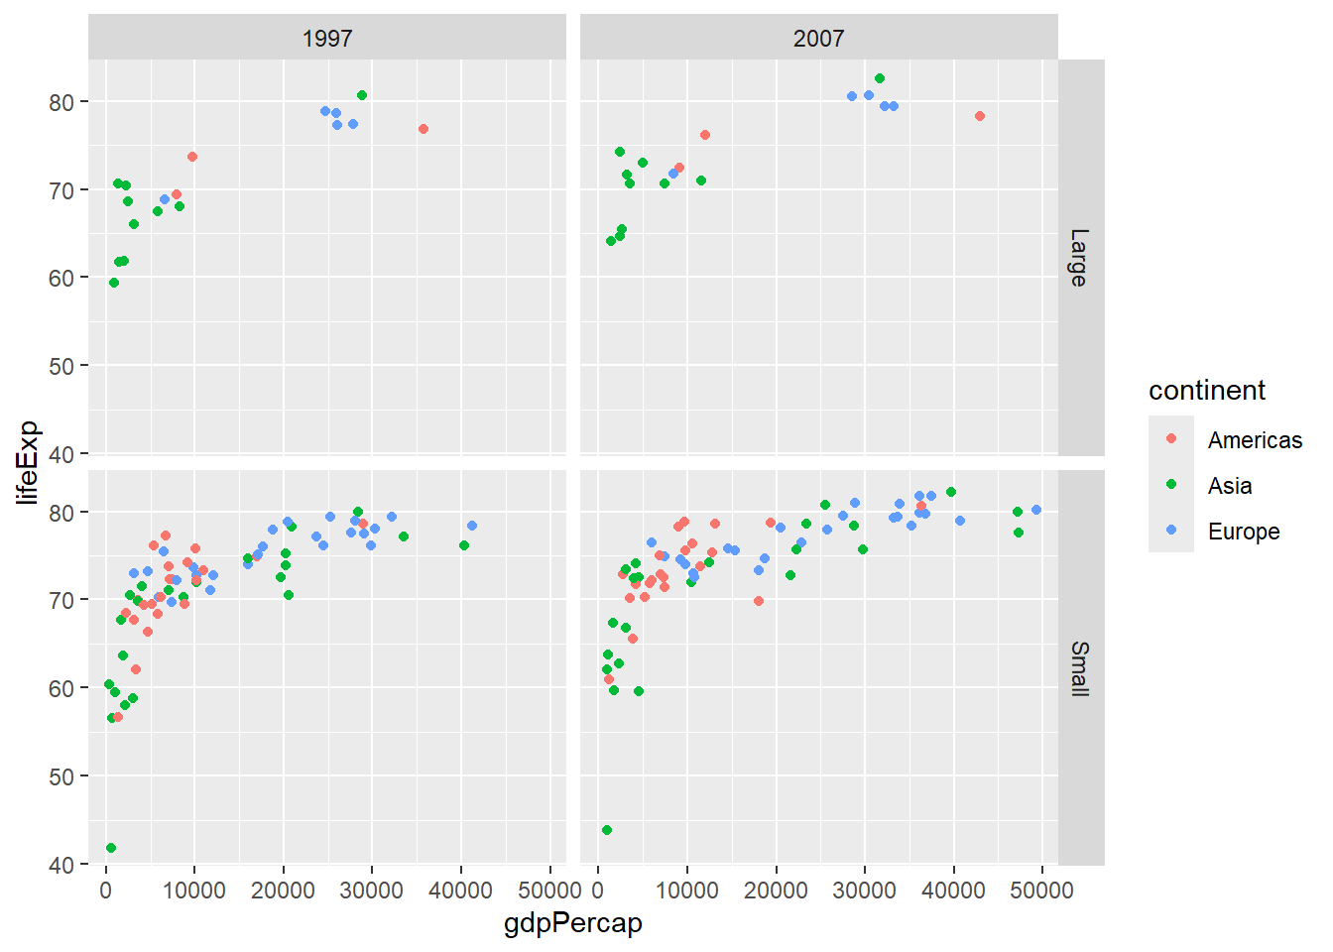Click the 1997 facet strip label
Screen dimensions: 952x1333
327,39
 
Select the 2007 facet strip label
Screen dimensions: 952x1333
818,39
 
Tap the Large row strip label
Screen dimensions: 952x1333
1080,258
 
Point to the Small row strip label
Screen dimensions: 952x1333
1080,669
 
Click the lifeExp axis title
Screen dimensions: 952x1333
28,462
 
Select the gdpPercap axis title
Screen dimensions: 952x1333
573,923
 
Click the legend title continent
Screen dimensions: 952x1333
1206,391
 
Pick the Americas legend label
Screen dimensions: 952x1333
1255,440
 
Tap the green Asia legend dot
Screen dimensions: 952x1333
1171,485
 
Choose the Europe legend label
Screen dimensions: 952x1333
1244,532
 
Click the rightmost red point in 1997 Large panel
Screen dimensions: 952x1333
424,129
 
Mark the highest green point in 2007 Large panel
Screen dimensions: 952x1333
880,78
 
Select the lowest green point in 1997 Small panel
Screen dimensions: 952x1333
111,848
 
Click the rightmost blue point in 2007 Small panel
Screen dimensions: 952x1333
1036,510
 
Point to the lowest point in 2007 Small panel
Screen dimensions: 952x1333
607,830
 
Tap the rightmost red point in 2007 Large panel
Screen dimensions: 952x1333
980,116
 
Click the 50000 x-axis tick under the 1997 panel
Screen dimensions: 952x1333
549,891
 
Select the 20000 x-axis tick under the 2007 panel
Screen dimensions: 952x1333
776,891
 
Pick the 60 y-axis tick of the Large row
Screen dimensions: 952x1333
61,279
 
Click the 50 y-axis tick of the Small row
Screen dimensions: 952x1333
61,776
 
